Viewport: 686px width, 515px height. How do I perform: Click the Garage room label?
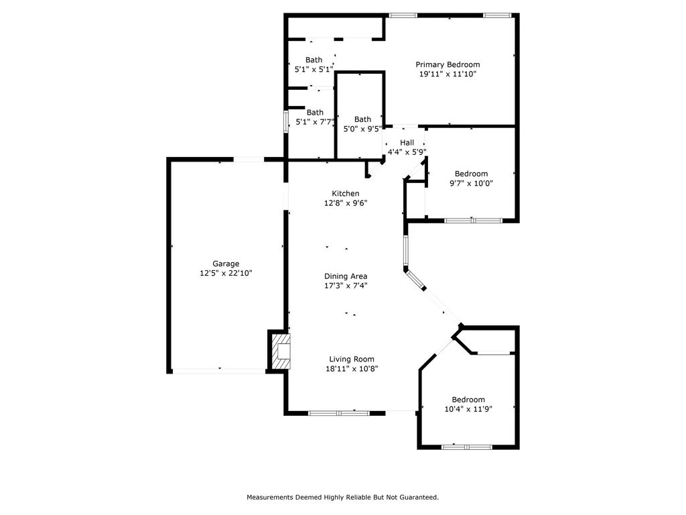pos(226,264)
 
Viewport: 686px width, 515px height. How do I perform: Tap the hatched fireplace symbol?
pos(281,351)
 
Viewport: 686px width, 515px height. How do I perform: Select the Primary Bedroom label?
pos(448,64)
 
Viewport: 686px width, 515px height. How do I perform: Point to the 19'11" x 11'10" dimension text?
pos(448,74)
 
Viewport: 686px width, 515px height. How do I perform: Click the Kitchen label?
pos(346,193)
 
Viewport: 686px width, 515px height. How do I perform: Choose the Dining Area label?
pos(346,276)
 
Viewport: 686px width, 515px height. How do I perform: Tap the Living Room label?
pos(352,359)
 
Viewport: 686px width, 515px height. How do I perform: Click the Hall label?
pos(407,142)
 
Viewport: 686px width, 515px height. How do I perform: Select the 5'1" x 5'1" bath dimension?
pos(314,69)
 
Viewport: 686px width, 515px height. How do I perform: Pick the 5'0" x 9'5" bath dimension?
pos(362,129)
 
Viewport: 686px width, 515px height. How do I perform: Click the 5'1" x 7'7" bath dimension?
pos(315,122)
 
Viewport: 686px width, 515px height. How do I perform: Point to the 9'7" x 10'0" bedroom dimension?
pos(471,183)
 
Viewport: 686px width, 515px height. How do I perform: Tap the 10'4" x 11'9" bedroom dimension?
pos(468,409)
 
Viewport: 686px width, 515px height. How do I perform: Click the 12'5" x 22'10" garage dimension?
pos(226,274)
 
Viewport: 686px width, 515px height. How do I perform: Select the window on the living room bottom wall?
pos(339,412)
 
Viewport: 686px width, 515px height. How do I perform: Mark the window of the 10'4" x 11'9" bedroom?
pos(467,447)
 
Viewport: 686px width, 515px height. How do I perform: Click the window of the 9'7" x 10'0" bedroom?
pos(474,220)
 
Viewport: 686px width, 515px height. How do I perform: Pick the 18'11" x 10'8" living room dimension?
pos(352,369)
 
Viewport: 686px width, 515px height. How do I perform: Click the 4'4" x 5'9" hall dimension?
pos(407,152)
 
